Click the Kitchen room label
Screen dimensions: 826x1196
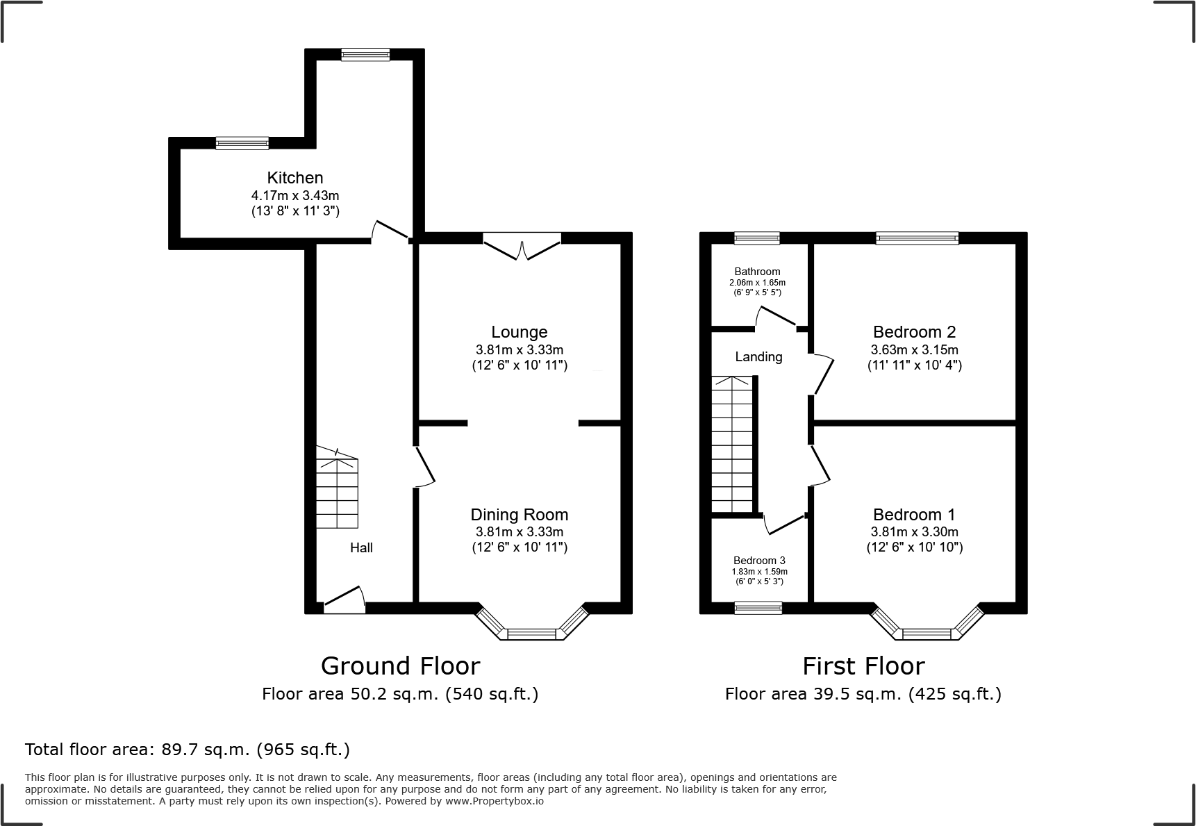coord(295,178)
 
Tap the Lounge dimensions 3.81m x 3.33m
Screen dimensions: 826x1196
coord(519,350)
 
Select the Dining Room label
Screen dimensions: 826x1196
coord(519,515)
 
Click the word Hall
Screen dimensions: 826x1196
coord(361,548)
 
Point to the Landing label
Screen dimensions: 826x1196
coord(758,357)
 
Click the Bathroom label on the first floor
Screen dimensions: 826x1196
coord(757,272)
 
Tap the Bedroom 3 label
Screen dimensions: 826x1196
coord(759,561)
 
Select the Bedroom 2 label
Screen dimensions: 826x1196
coord(914,332)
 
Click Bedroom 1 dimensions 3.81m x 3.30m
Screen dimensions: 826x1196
coord(914,532)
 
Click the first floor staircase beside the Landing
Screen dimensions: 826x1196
coord(732,445)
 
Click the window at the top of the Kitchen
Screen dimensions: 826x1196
coord(365,55)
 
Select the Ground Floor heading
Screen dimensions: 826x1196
coord(400,666)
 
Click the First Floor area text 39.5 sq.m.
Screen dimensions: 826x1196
coord(863,694)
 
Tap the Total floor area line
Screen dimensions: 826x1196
coord(188,750)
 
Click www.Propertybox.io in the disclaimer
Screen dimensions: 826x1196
coord(494,801)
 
